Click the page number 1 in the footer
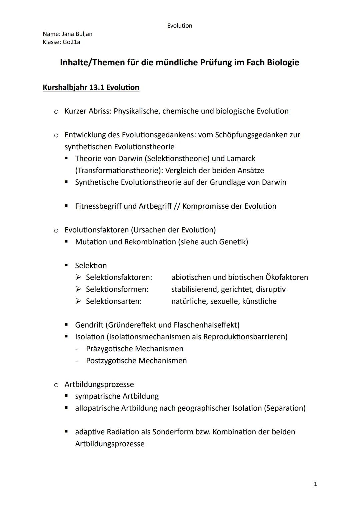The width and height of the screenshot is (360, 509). coord(315,484)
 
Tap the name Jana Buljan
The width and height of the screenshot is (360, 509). coord(77,34)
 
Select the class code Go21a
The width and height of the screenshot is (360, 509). coord(71,42)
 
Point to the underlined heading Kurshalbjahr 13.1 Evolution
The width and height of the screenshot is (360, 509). coord(91,87)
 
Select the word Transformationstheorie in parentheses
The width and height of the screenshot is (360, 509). coord(119,170)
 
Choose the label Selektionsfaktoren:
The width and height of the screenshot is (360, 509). coord(119,277)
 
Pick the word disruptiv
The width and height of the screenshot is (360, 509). coord(271,289)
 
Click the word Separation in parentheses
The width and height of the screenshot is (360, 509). coord(284,408)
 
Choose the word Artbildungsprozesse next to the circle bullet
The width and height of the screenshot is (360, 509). coord(99,384)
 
